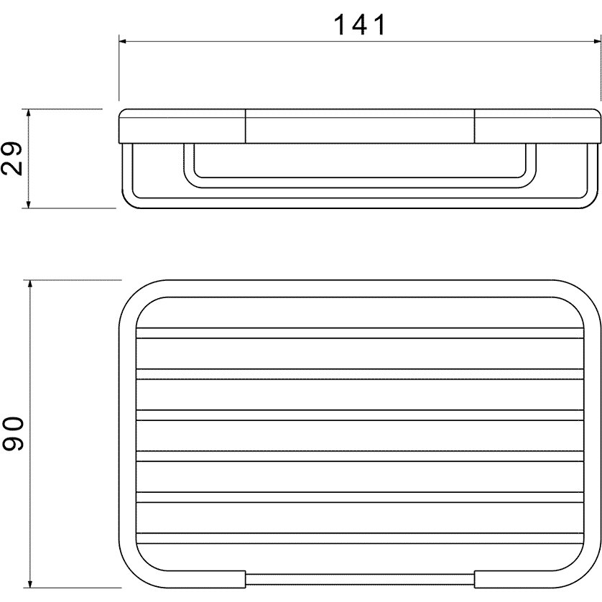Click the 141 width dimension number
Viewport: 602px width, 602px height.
coord(359,25)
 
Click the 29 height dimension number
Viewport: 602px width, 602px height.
coord(12,159)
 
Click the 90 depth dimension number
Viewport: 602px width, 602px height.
coord(13,433)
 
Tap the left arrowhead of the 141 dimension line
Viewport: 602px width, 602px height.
coord(123,41)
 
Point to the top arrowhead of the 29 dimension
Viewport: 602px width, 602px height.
coord(28,114)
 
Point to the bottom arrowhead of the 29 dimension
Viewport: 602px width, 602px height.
coord(28,204)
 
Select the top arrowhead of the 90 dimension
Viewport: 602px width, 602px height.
coord(30,284)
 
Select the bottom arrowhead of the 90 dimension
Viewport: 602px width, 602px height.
coord(30,583)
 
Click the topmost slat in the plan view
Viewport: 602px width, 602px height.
coord(360,333)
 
